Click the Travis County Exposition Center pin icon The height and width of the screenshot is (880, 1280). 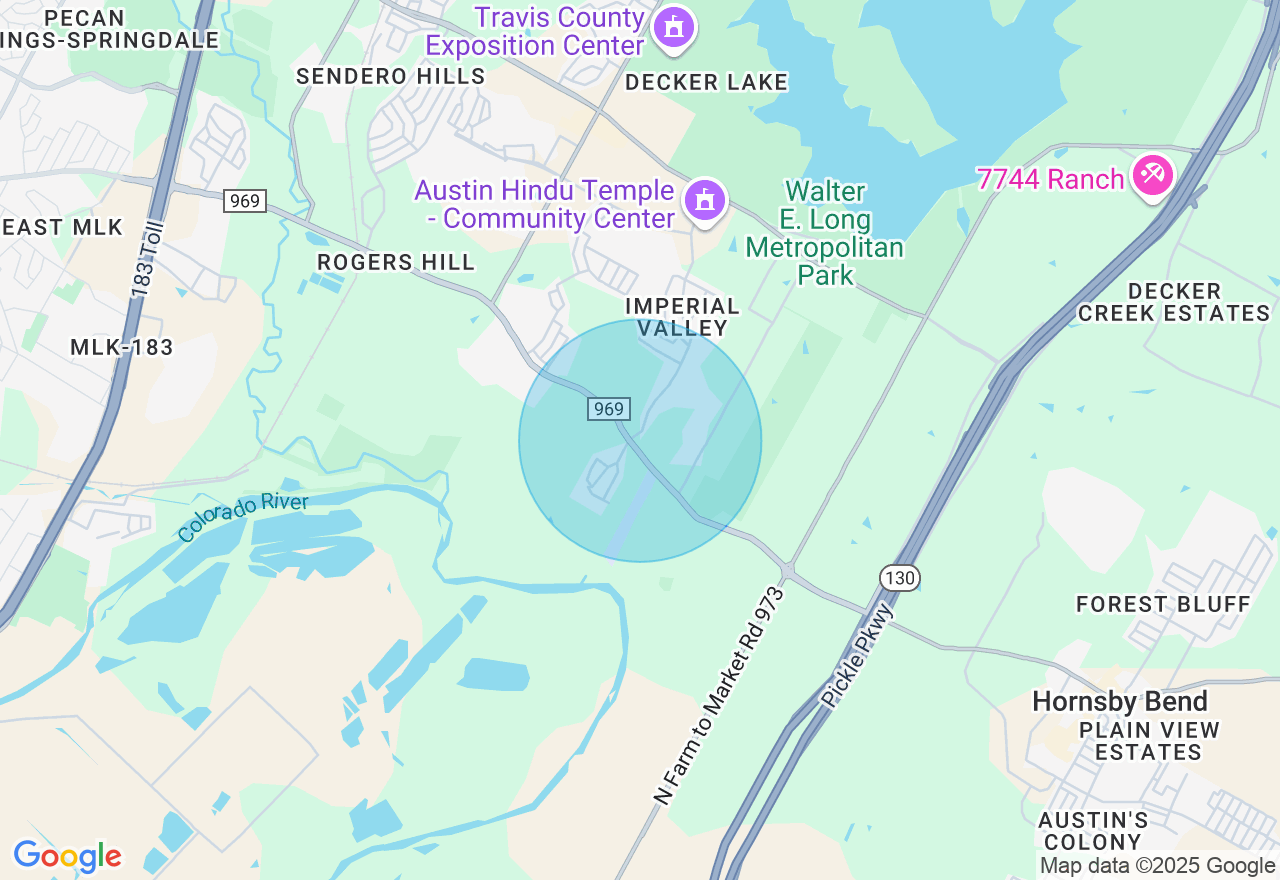point(674,27)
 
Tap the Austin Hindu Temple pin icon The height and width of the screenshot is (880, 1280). point(705,200)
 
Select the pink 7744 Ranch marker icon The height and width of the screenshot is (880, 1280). point(1153,176)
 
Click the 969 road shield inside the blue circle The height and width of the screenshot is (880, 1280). point(608,408)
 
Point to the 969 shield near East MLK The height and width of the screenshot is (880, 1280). point(244,201)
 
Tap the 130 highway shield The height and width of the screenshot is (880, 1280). point(900,577)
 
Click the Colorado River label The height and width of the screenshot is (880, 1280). point(243,517)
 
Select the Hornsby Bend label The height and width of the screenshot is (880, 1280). point(1120,701)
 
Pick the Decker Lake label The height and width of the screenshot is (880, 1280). point(706,82)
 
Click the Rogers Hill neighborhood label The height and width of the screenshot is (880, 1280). point(396,262)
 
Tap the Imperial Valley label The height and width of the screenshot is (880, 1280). point(683,316)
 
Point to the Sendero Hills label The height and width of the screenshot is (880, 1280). point(390,76)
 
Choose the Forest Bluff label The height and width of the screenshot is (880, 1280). point(1163,604)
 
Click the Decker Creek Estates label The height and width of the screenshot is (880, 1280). point(1173,302)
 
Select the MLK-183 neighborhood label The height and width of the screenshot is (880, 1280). point(122,347)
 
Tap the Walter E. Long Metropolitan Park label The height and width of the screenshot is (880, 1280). point(825,233)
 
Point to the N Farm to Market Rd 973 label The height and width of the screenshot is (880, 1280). point(719,696)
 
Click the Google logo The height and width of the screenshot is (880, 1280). point(67,856)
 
